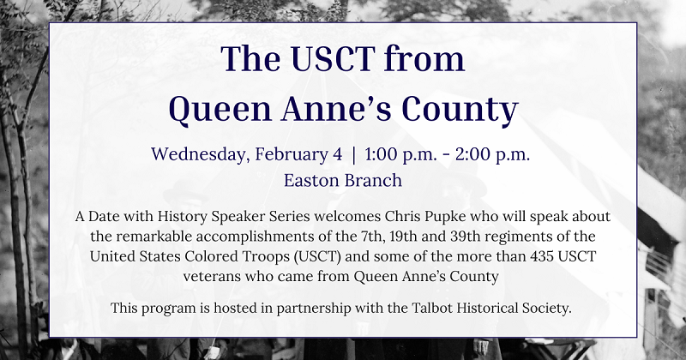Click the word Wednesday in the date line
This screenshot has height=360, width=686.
pyautogui.click(x=196, y=155)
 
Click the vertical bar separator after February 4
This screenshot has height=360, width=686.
pyautogui.click(x=353, y=155)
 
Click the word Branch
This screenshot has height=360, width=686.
pyautogui.click(x=373, y=182)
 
